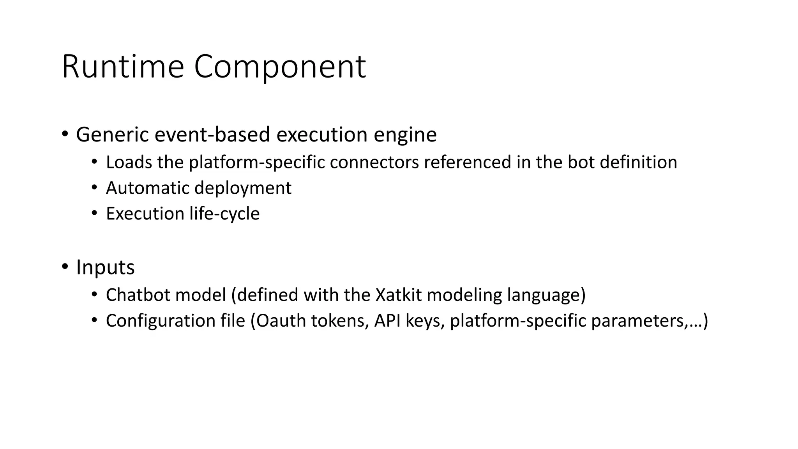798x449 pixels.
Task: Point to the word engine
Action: coord(405,135)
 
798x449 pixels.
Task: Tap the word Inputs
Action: coord(105,268)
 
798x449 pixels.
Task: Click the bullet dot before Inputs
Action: coord(65,267)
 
